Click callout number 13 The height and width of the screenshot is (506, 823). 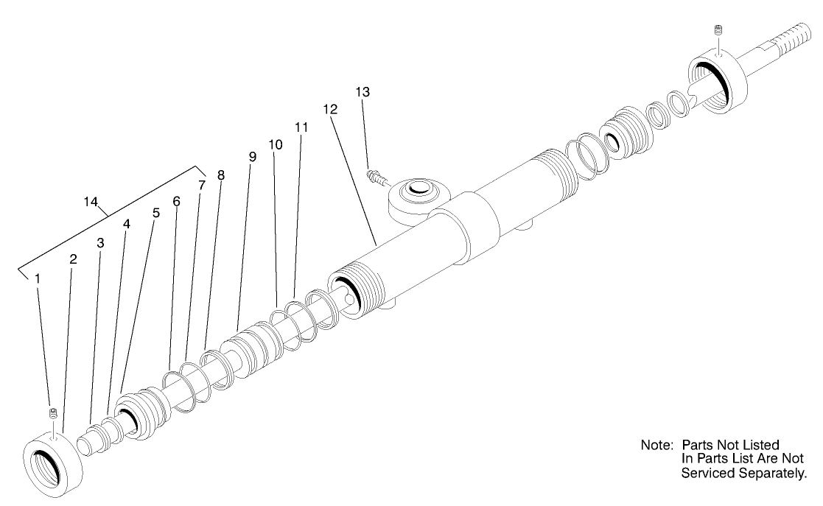coord(363,92)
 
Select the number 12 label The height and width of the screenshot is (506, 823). coord(330,109)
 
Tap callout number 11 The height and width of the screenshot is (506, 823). coord(301,127)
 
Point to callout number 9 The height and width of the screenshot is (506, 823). coord(252,157)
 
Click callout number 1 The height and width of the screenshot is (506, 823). coord(37,278)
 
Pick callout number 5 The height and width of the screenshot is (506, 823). coord(155,213)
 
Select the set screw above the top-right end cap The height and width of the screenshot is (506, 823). coord(718,30)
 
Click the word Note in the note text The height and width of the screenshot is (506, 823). coord(657,446)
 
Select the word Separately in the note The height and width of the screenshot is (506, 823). coord(774,473)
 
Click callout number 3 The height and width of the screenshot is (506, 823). coord(100,242)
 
